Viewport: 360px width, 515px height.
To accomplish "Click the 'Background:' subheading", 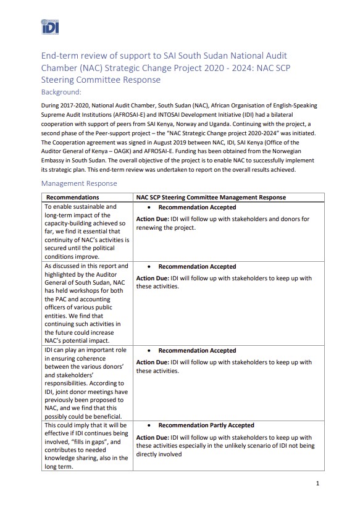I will click(x=61, y=92).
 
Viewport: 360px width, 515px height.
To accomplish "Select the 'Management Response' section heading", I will click(x=78, y=183).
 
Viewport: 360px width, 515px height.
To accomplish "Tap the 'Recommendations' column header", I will click(x=73, y=197).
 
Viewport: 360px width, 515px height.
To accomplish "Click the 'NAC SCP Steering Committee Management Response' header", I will click(x=211, y=197).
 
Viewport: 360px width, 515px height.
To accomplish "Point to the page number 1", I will click(x=317, y=483).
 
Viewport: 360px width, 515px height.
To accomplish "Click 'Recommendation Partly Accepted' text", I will click(x=206, y=425).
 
